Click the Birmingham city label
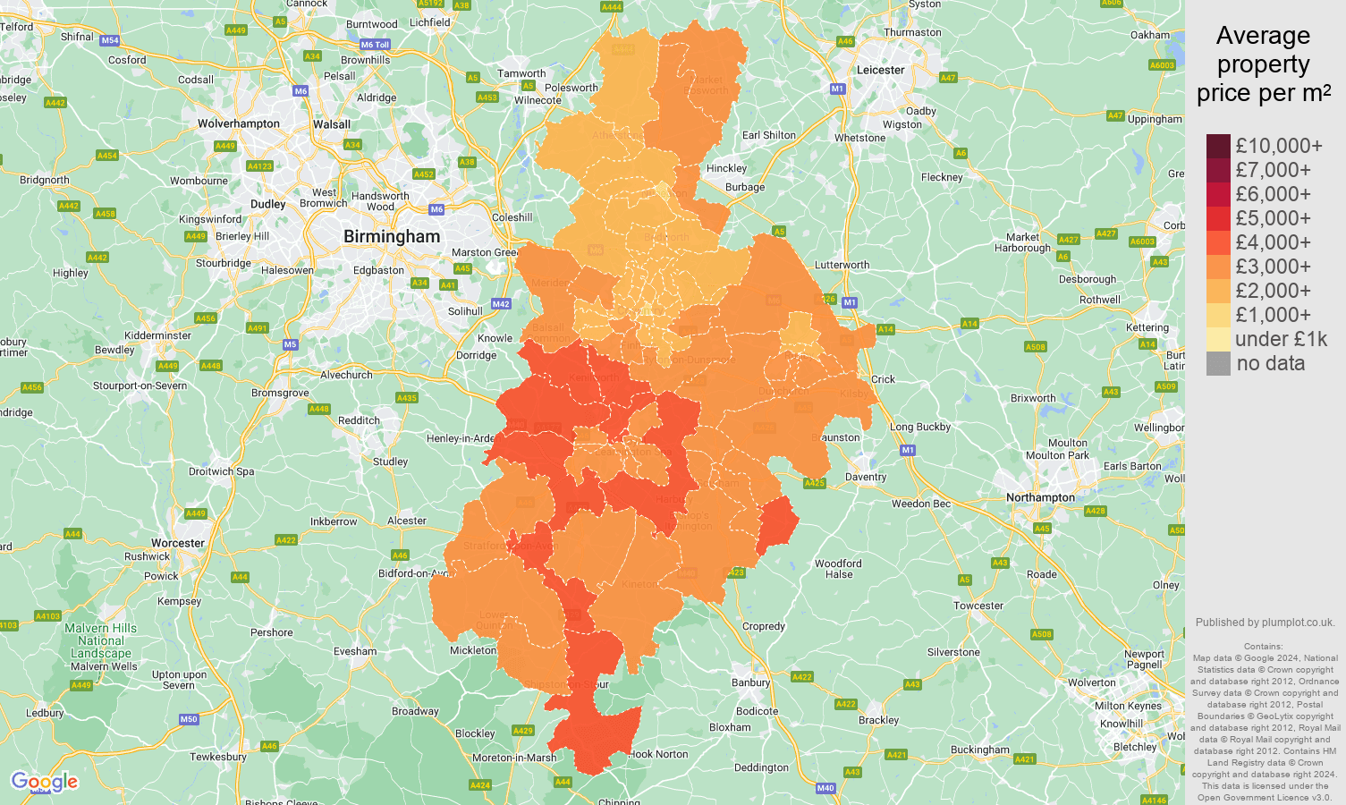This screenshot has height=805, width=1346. pyautogui.click(x=392, y=237)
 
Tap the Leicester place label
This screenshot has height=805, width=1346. pyautogui.click(x=880, y=70)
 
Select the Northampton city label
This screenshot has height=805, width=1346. pyautogui.click(x=1040, y=497)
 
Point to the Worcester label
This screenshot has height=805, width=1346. pyautogui.click(x=178, y=543)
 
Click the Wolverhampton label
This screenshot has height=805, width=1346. pyautogui.click(x=238, y=123)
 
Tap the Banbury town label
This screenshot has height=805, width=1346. pyautogui.click(x=750, y=682)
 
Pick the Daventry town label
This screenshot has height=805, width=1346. pyautogui.click(x=865, y=477)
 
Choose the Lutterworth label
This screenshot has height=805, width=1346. pyautogui.click(x=842, y=265)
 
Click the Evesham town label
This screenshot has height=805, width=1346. pyautogui.click(x=355, y=651)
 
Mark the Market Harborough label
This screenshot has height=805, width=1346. pyautogui.click(x=1022, y=242)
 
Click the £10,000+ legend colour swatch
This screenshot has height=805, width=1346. pyautogui.click(x=1218, y=146)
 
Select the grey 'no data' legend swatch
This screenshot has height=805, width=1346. pyautogui.click(x=1218, y=363)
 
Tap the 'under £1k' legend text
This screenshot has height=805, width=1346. pyautogui.click(x=1281, y=339)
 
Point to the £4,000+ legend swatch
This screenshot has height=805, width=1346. pyautogui.click(x=1218, y=242)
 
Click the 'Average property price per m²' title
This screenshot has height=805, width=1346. pyautogui.click(x=1263, y=64)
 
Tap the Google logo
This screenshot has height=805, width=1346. pyautogui.click(x=44, y=782)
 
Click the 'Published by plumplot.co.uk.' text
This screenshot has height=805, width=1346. pyautogui.click(x=1265, y=623)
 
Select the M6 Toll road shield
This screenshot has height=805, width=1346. pyautogui.click(x=375, y=45)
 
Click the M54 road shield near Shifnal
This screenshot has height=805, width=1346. pyautogui.click(x=110, y=40)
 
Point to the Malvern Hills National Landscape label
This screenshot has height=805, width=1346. pyautogui.click(x=101, y=640)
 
